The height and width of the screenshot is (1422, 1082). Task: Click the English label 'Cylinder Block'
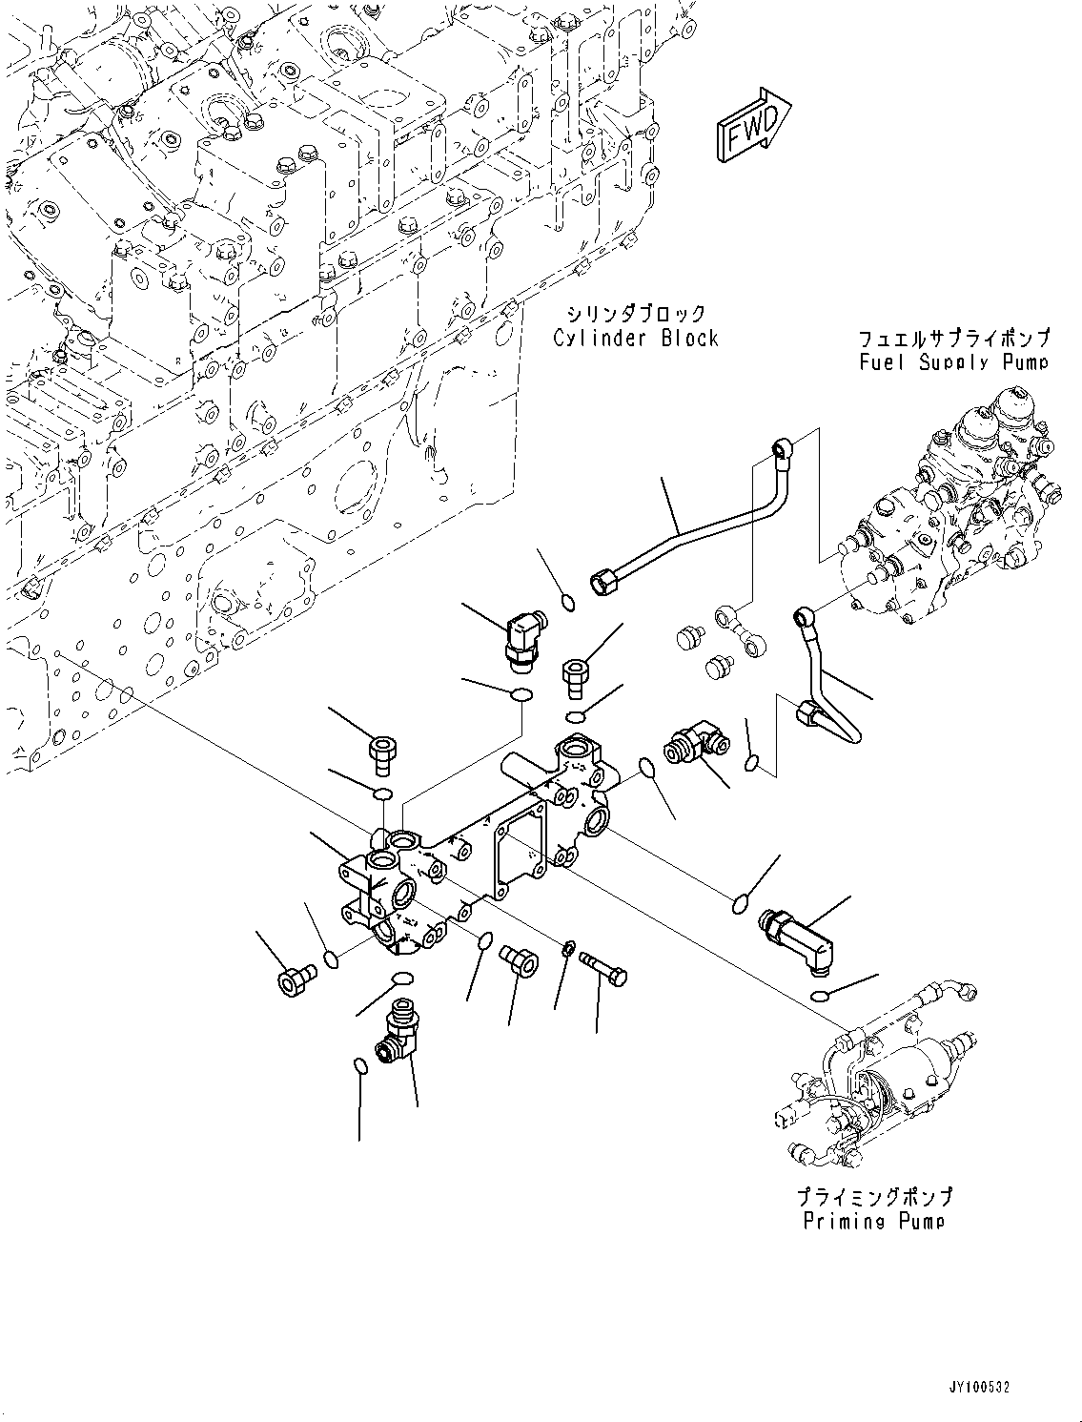[636, 338]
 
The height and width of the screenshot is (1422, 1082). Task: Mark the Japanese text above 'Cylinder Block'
[636, 313]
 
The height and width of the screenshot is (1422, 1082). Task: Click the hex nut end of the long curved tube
[604, 579]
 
